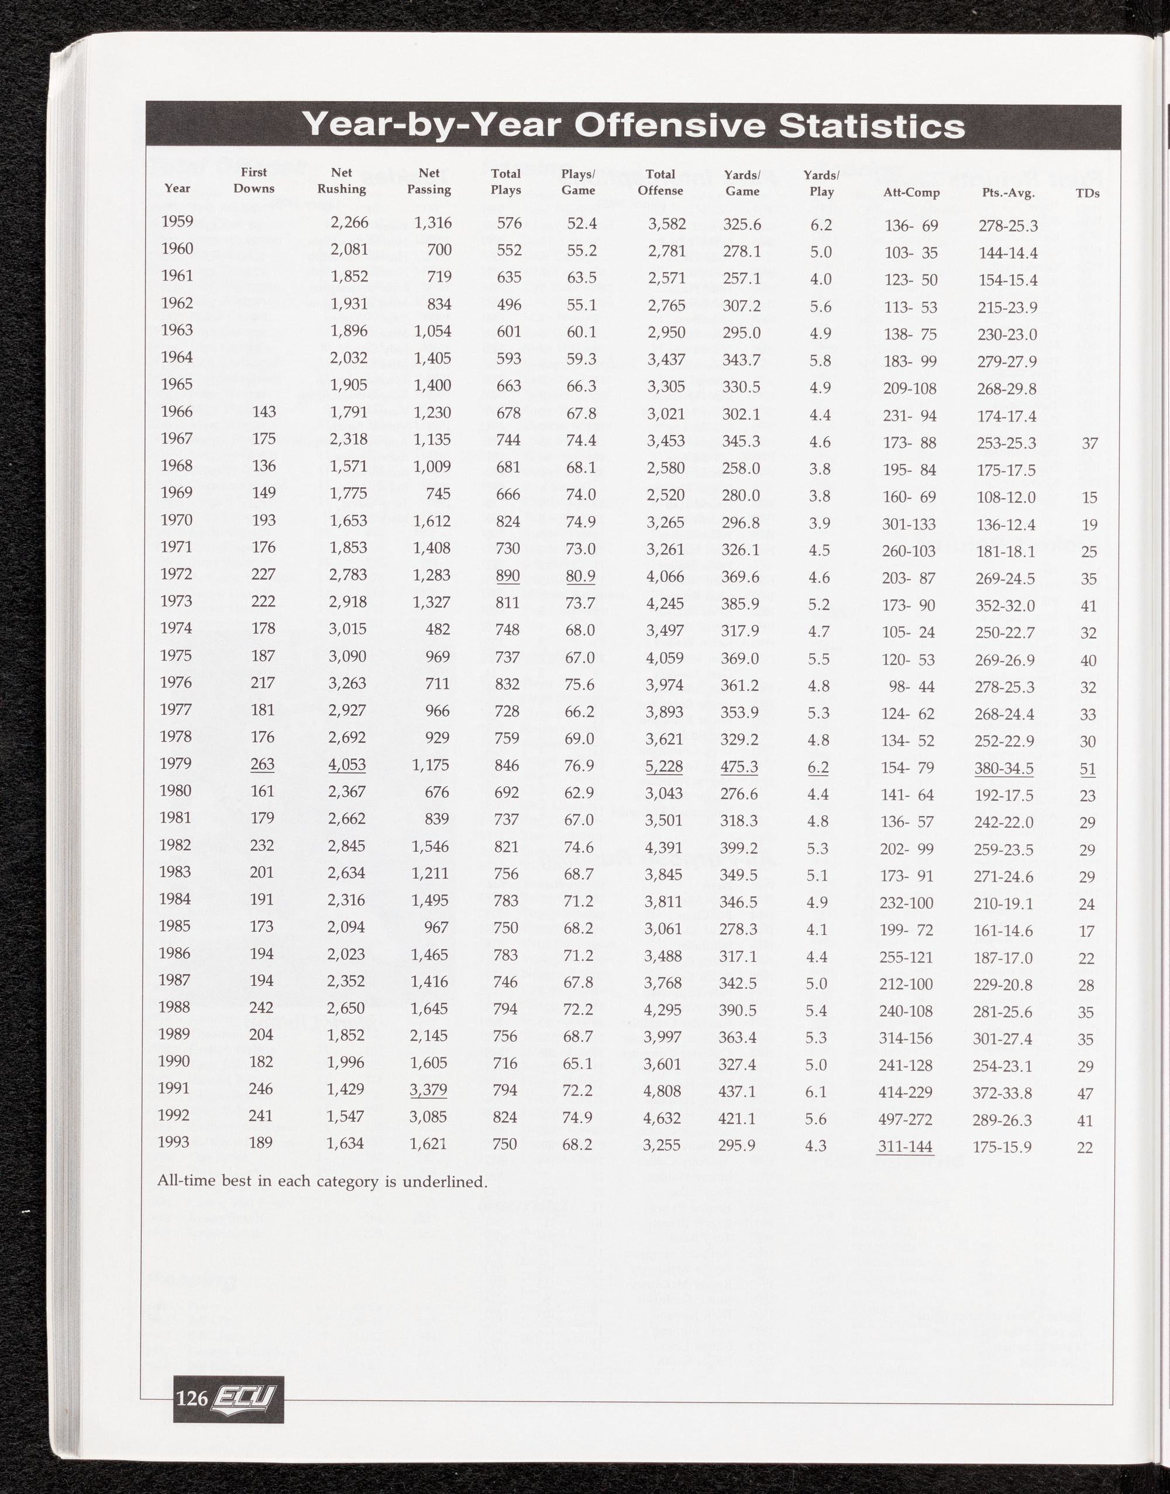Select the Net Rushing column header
(341, 181)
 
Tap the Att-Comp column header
(911, 193)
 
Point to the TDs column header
(1087, 193)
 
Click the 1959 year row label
(177, 221)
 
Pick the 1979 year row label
(175, 763)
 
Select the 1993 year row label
(173, 1142)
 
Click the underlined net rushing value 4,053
(347, 765)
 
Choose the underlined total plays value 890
(508, 575)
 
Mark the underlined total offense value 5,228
(665, 766)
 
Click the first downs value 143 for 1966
(264, 412)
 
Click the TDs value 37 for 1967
(1089, 443)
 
